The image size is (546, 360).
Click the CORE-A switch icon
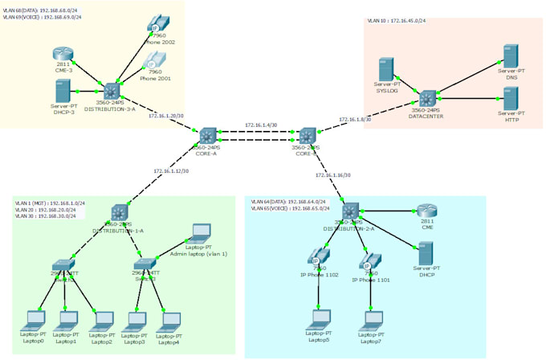[208, 135]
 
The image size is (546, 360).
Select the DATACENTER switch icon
[427, 100]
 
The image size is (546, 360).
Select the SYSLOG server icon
[387, 70]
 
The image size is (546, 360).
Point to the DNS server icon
[509, 57]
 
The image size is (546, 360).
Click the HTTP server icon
[509, 100]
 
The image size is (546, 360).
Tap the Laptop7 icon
[372, 319]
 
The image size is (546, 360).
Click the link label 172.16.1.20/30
[166, 116]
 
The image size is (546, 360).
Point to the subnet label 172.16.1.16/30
[333, 174]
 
